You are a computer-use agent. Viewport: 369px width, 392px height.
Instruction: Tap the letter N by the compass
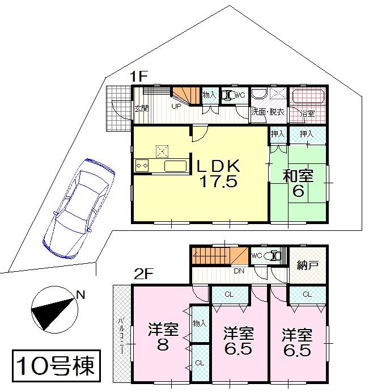tap(80, 294)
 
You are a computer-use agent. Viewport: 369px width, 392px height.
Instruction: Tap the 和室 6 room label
tap(298, 183)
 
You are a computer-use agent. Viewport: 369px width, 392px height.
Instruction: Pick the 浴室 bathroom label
tap(307, 114)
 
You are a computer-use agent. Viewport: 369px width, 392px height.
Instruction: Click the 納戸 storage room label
tap(308, 264)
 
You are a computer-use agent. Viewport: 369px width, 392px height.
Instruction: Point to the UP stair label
tap(176, 106)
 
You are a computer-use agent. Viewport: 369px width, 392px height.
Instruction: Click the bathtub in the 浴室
tap(307, 96)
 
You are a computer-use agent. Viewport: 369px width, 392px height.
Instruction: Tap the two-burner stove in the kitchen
tap(142, 165)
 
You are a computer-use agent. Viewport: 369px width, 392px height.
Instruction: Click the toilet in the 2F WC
tap(274, 256)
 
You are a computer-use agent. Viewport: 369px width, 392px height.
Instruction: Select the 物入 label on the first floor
tap(208, 95)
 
